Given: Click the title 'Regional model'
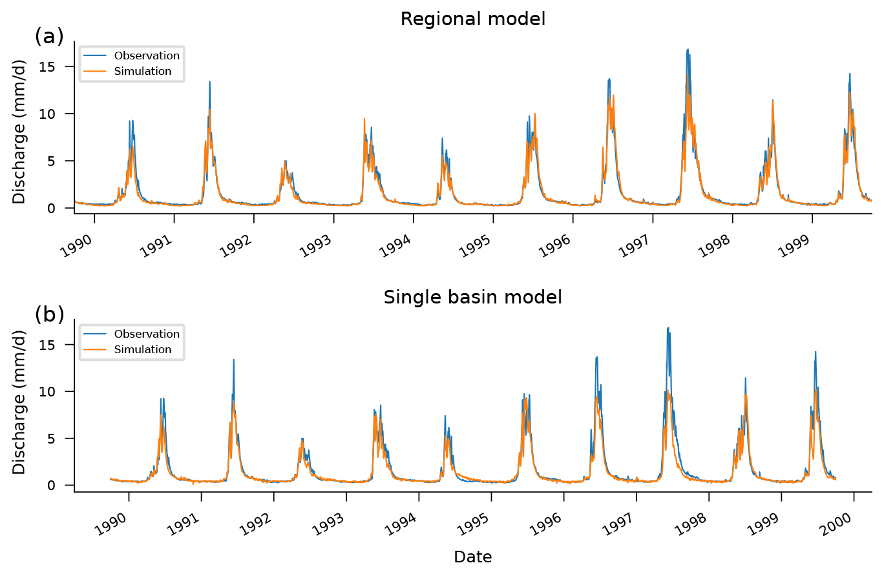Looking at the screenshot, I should coord(473,19).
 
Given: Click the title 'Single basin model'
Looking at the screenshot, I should coord(473,298).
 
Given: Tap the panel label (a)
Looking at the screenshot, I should coord(49,37).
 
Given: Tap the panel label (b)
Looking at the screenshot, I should coord(49,315).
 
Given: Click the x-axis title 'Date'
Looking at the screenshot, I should coord(473,557).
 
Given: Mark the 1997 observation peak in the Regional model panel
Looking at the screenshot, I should coord(688,50).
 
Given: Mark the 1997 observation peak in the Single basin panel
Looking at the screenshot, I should coord(668,328).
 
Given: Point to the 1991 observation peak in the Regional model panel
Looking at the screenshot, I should coord(209,82).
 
